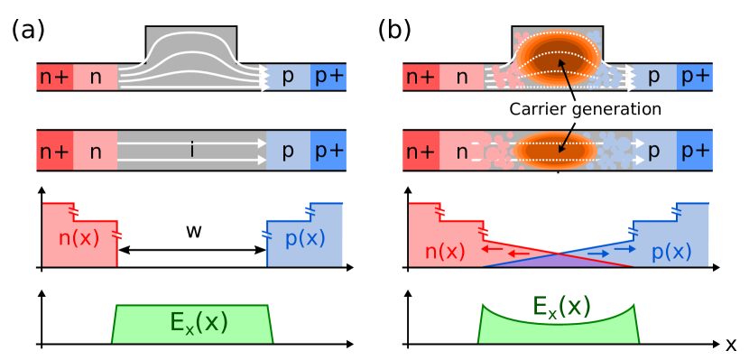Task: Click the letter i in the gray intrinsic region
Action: click(x=191, y=151)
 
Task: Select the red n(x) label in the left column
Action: click(x=79, y=239)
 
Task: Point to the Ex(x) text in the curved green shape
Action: click(x=560, y=308)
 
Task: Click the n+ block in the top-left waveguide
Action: click(x=54, y=77)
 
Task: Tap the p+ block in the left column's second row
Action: click(x=328, y=151)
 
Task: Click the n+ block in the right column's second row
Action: click(x=421, y=151)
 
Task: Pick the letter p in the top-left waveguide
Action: click(x=288, y=77)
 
